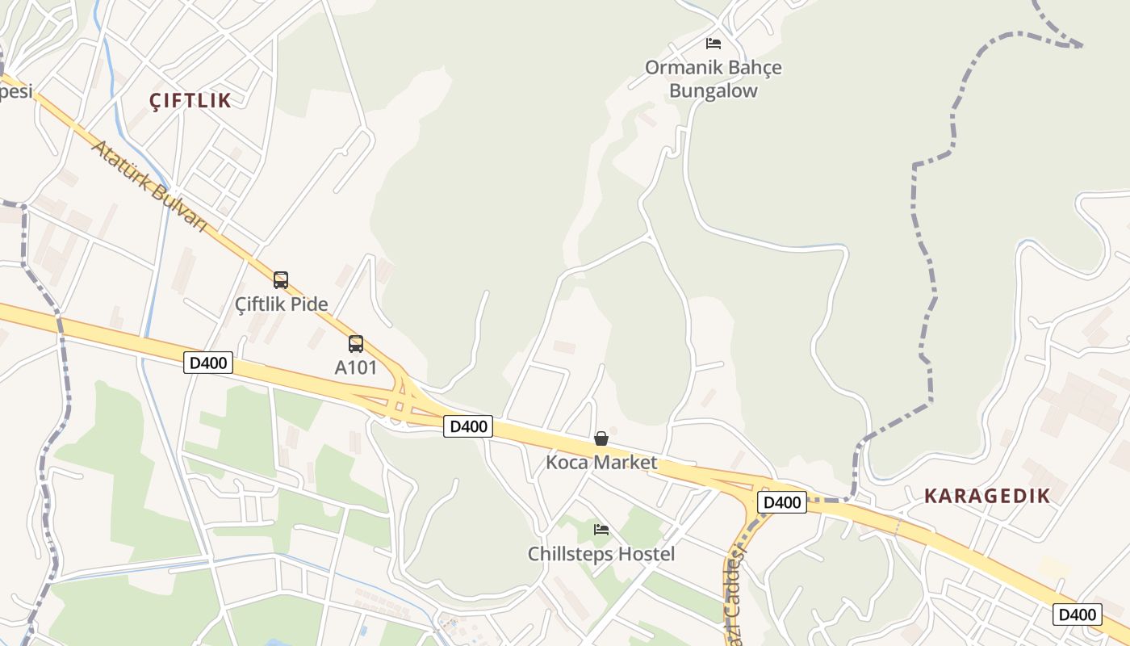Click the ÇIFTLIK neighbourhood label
[x=190, y=101]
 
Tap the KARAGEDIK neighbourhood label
[x=987, y=496]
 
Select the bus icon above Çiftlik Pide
[x=281, y=280]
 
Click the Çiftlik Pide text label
[x=282, y=304]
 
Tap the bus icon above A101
[x=356, y=344]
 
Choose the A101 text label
[x=356, y=367]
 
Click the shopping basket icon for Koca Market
[x=601, y=438]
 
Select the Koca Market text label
[x=601, y=463]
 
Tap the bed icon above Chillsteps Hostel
[x=601, y=530]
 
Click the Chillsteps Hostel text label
[x=601, y=554]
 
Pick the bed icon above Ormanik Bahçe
[x=714, y=44]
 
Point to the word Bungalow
[x=714, y=90]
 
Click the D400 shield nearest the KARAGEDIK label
[x=782, y=502]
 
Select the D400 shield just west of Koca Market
[x=468, y=426]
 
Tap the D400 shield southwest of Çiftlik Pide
[x=208, y=363]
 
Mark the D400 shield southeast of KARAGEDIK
[x=1078, y=615]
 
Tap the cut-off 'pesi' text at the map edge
[x=15, y=91]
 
